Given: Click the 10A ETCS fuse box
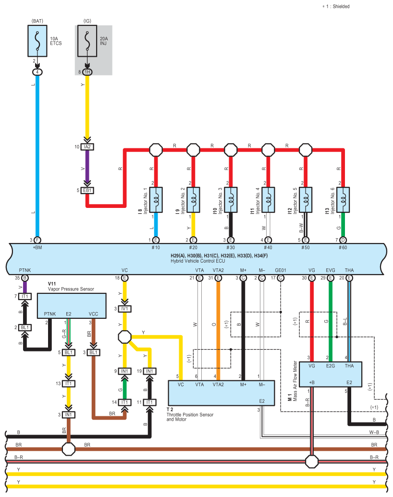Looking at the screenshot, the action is (x=37, y=41).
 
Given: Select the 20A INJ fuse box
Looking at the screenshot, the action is (x=87, y=41).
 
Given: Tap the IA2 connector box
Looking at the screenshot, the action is (x=87, y=147).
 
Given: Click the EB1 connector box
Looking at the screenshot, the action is (x=87, y=191).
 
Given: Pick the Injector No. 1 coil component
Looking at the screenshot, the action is (x=156, y=200).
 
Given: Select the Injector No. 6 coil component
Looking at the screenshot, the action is (x=343, y=200).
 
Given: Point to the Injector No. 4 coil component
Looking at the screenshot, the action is (x=268, y=200).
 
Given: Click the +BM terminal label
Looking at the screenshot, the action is (x=37, y=248).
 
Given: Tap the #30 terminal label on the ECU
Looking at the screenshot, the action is (x=231, y=248).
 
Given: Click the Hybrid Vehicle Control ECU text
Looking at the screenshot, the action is (x=198, y=261).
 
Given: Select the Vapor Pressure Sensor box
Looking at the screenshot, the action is (x=72, y=305).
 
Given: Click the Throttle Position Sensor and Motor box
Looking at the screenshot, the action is (x=221, y=393).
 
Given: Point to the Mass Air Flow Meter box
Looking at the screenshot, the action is (x=331, y=375).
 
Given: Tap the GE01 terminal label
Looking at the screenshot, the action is (x=281, y=270).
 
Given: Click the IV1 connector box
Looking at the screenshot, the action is (x=124, y=309).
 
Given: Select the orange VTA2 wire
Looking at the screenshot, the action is (x=218, y=329).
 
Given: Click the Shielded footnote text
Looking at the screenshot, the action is (x=336, y=6).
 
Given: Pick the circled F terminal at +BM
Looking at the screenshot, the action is (x=37, y=240).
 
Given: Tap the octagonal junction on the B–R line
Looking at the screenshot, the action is (x=311, y=461).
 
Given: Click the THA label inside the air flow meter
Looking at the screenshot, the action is (x=349, y=366).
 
